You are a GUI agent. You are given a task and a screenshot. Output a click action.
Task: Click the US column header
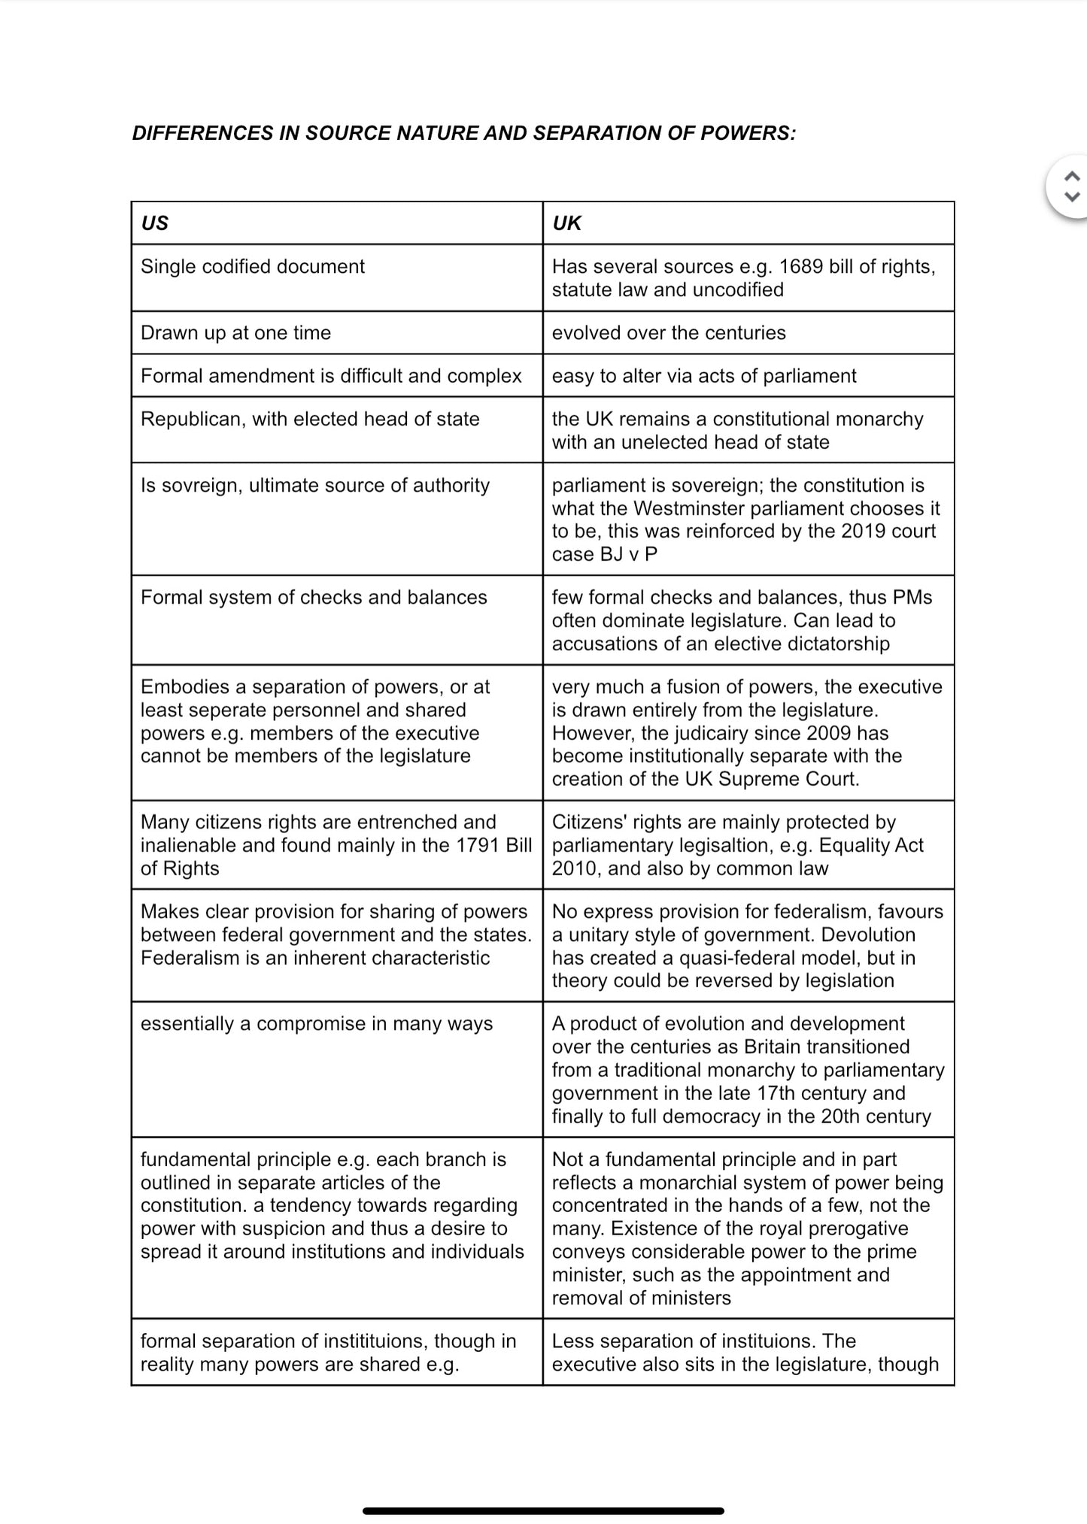[154, 223]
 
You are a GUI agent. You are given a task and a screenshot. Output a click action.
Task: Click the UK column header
[566, 223]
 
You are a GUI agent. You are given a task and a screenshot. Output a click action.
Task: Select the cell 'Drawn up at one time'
[235, 333]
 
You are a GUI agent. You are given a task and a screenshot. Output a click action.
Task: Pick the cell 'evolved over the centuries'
[668, 333]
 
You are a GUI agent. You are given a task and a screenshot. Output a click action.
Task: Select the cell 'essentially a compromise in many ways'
[316, 1024]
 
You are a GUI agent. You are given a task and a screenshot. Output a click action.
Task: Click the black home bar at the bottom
[543, 1510]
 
